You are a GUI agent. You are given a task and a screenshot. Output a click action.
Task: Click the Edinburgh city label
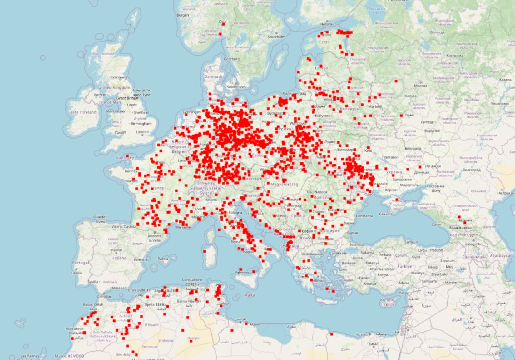click(x=120, y=77)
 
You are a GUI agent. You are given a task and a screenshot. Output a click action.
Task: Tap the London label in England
click(x=142, y=132)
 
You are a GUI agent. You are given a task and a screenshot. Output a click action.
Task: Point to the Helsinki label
click(x=327, y=24)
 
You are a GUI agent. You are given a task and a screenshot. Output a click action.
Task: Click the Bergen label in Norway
click(x=182, y=15)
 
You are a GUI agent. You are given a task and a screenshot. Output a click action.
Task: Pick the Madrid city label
click(x=116, y=250)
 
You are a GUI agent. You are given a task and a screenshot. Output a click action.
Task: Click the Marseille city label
click(x=182, y=226)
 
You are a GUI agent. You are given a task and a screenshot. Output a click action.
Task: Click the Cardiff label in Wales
click(x=120, y=133)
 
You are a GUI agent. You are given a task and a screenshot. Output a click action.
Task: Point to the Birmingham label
click(x=140, y=123)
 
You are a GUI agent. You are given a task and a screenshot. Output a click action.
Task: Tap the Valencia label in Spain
click(x=141, y=259)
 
